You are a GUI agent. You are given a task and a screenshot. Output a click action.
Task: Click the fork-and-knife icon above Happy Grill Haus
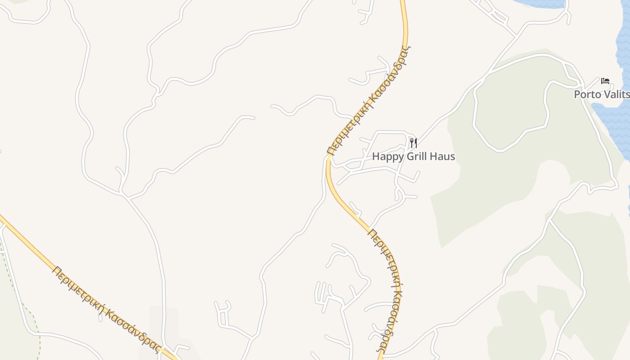pyautogui.click(x=414, y=143)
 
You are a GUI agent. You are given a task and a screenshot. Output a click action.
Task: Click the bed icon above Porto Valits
pyautogui.click(x=605, y=81)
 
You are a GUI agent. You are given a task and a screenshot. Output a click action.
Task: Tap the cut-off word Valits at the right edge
pyautogui.click(x=617, y=94)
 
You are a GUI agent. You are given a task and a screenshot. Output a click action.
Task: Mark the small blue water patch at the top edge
pyautogui.click(x=540, y=4)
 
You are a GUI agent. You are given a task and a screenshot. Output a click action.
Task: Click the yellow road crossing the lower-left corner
pyautogui.click(x=27, y=243)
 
